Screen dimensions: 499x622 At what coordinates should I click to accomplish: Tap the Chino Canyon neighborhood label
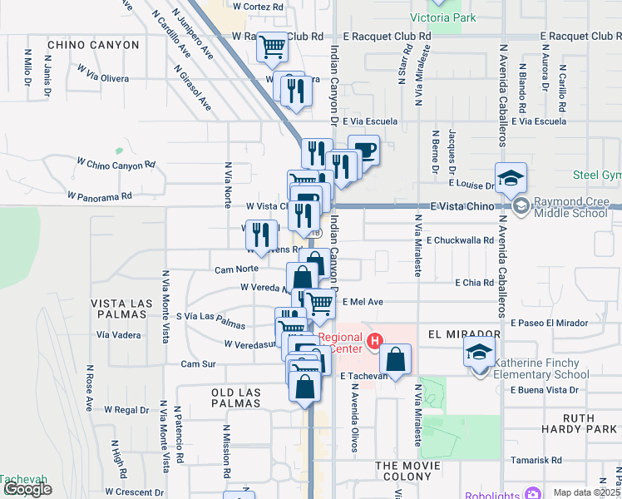coord(93,44)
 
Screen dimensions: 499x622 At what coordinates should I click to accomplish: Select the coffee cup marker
coord(363,151)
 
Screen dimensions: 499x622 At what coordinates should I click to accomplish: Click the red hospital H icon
coord(374,340)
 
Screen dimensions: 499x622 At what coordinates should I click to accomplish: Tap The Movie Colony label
coord(405,472)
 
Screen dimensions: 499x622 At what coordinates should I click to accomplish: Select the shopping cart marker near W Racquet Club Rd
coord(272,48)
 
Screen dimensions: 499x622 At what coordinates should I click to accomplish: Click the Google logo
coord(27,489)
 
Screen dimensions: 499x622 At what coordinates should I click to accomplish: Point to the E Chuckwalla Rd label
coord(460,240)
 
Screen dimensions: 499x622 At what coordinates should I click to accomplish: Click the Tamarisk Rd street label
coord(539,460)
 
